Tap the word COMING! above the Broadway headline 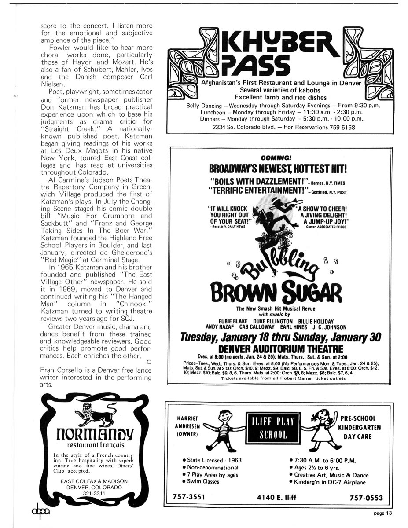point(275,158)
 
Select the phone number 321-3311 point(94,493)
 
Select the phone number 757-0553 point(366,498)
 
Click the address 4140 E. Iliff point(277,498)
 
